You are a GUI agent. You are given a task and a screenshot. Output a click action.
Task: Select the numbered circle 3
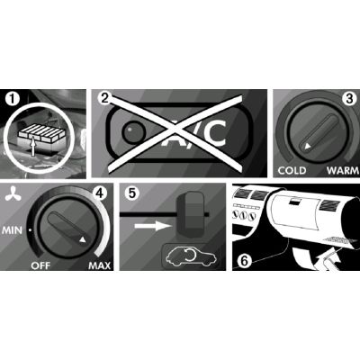pos(340,99)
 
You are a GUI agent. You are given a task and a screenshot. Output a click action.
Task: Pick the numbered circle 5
pos(131,193)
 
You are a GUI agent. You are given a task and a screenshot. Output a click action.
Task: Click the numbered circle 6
pos(241,261)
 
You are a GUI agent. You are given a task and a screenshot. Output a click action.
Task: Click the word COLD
pos(292,170)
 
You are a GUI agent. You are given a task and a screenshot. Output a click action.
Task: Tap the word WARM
pos(337,170)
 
